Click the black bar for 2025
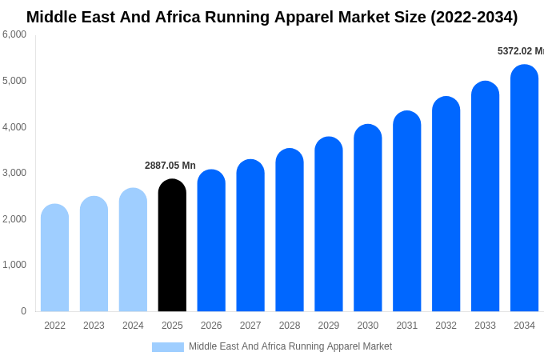[172, 246]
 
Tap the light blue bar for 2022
[54, 258]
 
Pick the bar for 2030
[368, 218]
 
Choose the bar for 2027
[250, 235]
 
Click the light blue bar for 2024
[133, 250]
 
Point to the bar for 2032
[446, 204]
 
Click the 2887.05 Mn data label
[170, 166]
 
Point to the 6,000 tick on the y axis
[14, 34]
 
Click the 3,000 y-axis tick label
[14, 173]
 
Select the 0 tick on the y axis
[23, 311]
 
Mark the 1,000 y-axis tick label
[14, 265]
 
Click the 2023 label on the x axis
[94, 326]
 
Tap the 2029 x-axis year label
[329, 326]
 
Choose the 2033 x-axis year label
[485, 326]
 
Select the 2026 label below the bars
[211, 326]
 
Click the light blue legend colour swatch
[168, 347]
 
